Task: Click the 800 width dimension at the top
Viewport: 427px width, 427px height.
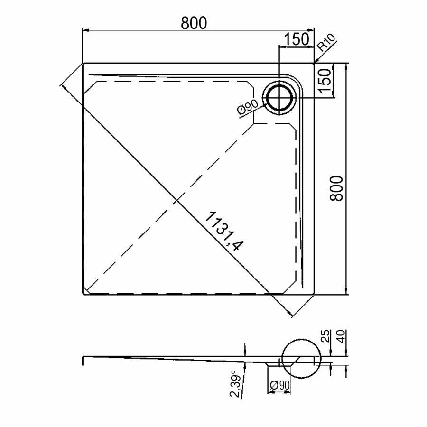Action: pyautogui.click(x=194, y=23)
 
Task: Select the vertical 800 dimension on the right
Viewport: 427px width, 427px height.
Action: pyautogui.click(x=336, y=188)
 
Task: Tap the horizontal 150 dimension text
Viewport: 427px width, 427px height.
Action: pyautogui.click(x=296, y=39)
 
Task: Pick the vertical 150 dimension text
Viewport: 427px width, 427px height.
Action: pyautogui.click(x=325, y=81)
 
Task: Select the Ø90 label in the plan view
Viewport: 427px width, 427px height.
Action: pyautogui.click(x=248, y=107)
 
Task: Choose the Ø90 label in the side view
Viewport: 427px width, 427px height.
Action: pyautogui.click(x=279, y=385)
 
